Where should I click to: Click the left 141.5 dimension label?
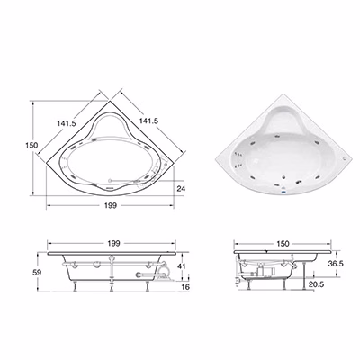click(x=67, y=123)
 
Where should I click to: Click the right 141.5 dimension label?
click(x=148, y=121)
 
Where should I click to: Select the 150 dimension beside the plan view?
click(x=31, y=145)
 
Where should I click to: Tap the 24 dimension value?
click(x=181, y=188)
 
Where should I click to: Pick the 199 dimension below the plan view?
click(x=111, y=205)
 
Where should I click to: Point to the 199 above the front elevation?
click(x=113, y=243)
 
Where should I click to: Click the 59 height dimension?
click(x=37, y=273)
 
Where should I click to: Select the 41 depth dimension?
click(x=181, y=266)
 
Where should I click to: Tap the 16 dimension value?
click(x=185, y=287)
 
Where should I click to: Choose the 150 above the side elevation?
click(x=283, y=243)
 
